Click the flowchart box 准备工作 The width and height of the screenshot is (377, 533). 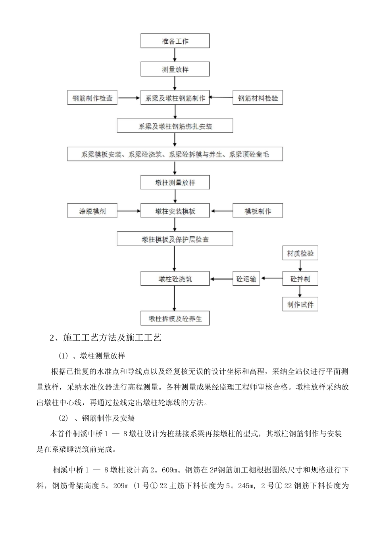tap(175, 41)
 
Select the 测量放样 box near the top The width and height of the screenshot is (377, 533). tap(175, 69)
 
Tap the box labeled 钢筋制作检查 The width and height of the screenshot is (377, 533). tap(92, 98)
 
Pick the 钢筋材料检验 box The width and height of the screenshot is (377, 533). tap(258, 98)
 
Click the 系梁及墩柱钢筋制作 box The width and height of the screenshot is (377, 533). tap(175, 98)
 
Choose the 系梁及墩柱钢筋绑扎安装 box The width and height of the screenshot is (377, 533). tap(175, 127)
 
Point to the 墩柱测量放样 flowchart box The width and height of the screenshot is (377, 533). tap(175, 183)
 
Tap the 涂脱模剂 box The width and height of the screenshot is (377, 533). tap(92, 211)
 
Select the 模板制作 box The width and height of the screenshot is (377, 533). tap(258, 211)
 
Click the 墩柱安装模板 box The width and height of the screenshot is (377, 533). tap(175, 211)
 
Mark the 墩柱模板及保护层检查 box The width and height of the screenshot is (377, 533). tap(175, 239)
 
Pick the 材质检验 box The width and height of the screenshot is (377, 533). tap(300, 253)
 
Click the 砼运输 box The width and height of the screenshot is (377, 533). tap(246, 279)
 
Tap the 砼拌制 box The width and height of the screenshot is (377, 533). tap(300, 279)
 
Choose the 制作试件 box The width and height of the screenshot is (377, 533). tap(300, 305)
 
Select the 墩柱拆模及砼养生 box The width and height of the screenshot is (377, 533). tap(175, 318)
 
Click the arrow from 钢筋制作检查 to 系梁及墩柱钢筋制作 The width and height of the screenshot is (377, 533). tap(129, 98)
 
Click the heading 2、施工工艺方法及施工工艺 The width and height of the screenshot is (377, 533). tap(105, 337)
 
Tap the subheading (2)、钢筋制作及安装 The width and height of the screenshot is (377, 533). tap(97, 418)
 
